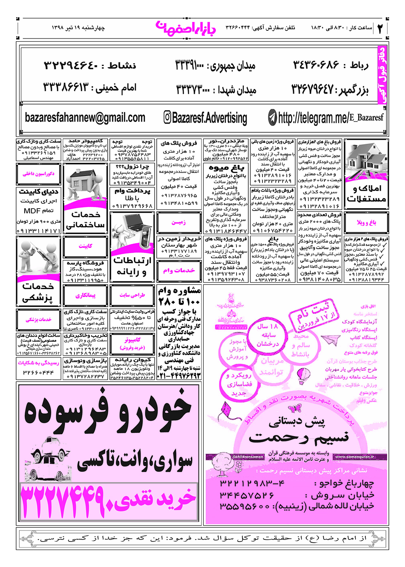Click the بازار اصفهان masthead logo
click(186, 28)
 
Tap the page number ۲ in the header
click(380, 28)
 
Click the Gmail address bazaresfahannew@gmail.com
click(85, 118)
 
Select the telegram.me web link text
click(330, 118)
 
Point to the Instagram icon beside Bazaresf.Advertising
click(167, 117)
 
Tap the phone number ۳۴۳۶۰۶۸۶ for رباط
click(315, 65)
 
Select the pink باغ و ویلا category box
click(366, 222)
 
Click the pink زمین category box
click(179, 222)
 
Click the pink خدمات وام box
click(179, 270)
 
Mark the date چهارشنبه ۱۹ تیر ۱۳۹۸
click(78, 28)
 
